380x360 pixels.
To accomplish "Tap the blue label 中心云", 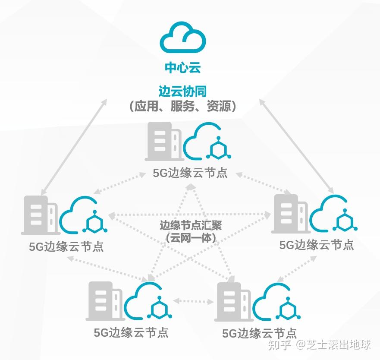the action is point(183,67).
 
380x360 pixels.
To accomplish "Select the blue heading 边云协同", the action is point(183,91).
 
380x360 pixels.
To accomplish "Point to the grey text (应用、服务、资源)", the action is point(183,106).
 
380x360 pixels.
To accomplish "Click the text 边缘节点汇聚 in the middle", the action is point(191,225).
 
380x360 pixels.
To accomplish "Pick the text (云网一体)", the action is point(191,238).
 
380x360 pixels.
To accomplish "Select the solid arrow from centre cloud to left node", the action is point(74,147).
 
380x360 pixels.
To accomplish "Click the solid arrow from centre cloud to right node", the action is point(297,146).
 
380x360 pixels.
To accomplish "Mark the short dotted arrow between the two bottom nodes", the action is point(193,301).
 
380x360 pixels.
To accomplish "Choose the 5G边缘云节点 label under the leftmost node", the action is point(66,247).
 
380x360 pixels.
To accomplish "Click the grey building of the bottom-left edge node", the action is point(105,301).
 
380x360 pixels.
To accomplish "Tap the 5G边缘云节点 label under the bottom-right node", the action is point(260,333).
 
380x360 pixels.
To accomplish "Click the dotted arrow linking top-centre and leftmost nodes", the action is point(120,183).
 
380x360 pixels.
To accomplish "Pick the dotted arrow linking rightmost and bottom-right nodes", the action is point(297,269).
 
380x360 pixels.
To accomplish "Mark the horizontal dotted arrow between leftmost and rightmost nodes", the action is point(189,215).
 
